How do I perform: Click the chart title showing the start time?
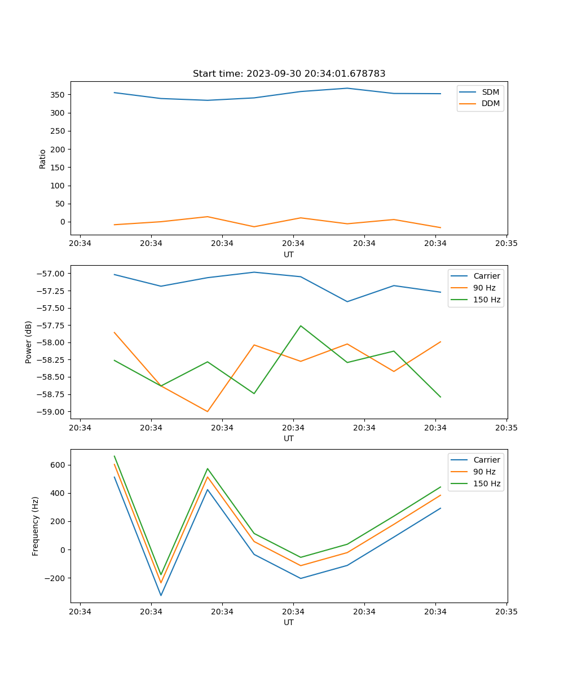click(x=289, y=74)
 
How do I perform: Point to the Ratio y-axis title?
click(x=43, y=159)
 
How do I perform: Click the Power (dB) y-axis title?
click(x=29, y=342)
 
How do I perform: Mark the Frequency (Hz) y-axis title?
click(x=36, y=526)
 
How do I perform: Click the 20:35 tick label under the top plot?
click(x=506, y=244)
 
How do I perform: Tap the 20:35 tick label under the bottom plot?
click(x=506, y=612)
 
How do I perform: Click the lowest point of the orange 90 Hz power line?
click(x=208, y=411)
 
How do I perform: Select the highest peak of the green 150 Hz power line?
click(x=301, y=326)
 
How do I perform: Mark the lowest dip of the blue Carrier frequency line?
click(x=161, y=595)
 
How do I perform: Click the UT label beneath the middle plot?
click(x=289, y=438)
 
